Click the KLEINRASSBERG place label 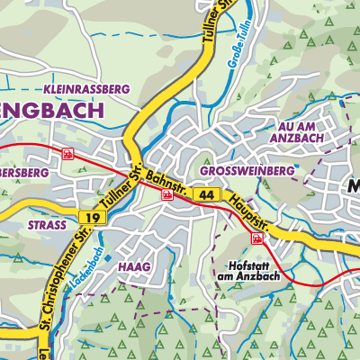tap(86, 89)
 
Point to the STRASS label tap(48, 225)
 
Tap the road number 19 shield tap(90, 217)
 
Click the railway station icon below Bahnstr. tap(166, 193)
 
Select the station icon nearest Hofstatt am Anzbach tap(258, 238)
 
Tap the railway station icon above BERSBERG tap(67, 154)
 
